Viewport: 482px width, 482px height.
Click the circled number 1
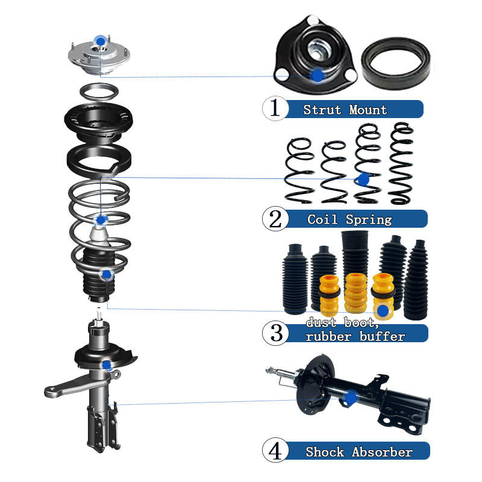(x=275, y=108)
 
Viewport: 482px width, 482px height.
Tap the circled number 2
(x=275, y=219)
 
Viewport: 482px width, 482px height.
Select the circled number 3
(x=276, y=333)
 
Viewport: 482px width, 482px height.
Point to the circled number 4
(x=275, y=451)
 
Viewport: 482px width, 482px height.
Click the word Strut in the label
(x=322, y=110)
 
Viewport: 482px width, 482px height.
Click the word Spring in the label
(x=369, y=220)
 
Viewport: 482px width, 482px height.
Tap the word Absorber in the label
(x=382, y=452)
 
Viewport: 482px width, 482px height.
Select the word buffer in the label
(x=382, y=336)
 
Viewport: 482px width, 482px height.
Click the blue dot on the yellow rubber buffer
(x=383, y=311)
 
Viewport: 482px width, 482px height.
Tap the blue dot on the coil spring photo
(x=364, y=179)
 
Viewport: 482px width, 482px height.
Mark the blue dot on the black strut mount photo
(x=318, y=75)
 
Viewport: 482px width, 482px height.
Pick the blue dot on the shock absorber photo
(x=351, y=398)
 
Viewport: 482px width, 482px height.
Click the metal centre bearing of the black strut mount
(x=320, y=50)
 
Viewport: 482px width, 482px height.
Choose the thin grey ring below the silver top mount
(x=99, y=92)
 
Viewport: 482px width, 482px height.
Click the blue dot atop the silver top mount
(x=101, y=41)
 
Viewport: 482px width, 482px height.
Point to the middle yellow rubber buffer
(x=355, y=293)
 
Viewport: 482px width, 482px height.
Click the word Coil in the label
(x=322, y=219)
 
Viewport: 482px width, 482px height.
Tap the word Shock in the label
(x=325, y=452)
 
